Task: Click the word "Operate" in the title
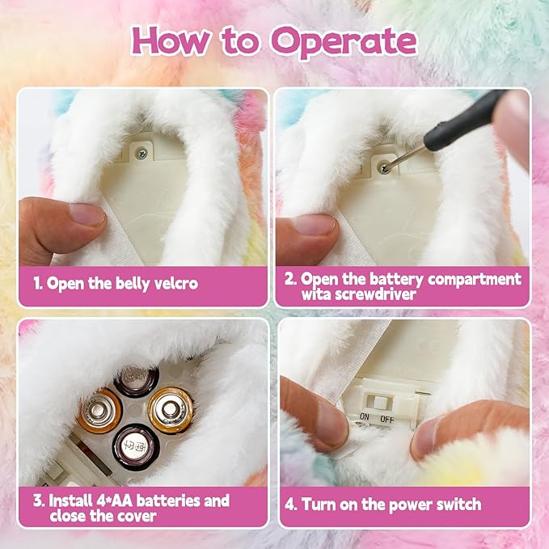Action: (344, 40)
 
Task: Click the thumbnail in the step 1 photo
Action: (85, 214)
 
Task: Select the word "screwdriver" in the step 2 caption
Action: (381, 295)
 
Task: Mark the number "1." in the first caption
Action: (38, 283)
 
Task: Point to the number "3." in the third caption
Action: (38, 500)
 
